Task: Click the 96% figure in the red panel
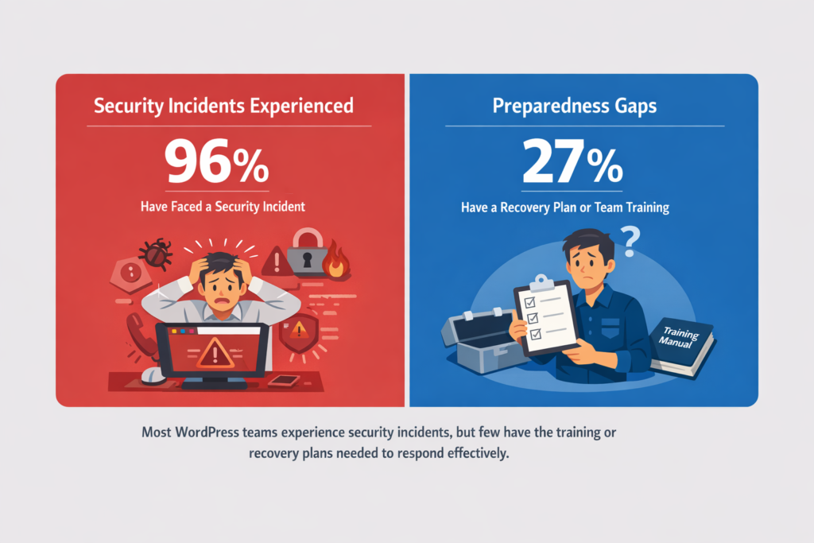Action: [x=215, y=162]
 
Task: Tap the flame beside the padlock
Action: [x=336, y=262]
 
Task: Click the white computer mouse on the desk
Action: [x=153, y=375]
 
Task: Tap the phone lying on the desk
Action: [x=283, y=380]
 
